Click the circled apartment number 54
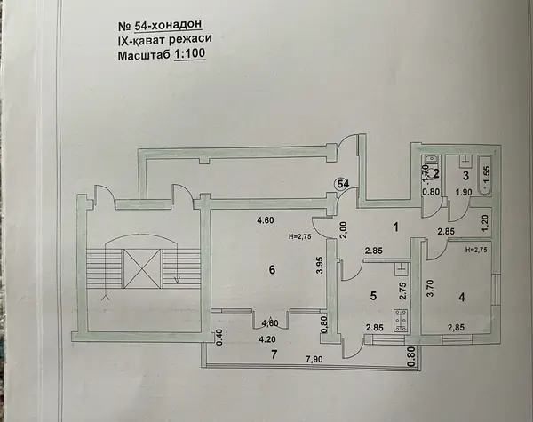click(x=342, y=184)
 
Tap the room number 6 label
click(x=272, y=270)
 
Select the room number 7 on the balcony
click(x=274, y=354)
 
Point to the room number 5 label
click(x=373, y=296)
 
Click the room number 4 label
click(x=462, y=298)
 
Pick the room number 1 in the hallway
click(x=395, y=227)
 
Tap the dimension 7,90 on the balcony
click(x=314, y=359)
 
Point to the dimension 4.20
click(x=267, y=339)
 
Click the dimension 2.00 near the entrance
click(x=343, y=230)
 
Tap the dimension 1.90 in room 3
click(x=464, y=192)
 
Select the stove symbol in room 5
click(x=402, y=321)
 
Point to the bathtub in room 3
click(x=485, y=176)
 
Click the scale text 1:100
click(x=190, y=53)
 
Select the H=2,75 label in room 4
click(x=476, y=250)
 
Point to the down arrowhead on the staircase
click(x=177, y=280)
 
